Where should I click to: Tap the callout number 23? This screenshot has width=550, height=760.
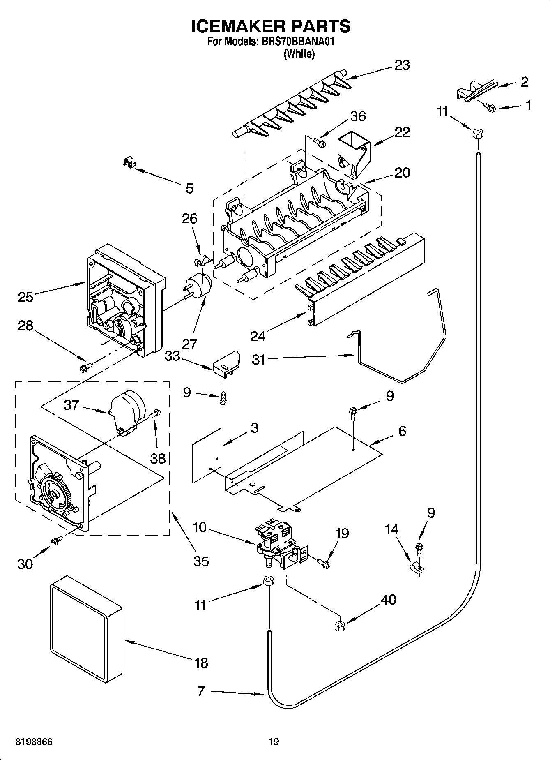[402, 65]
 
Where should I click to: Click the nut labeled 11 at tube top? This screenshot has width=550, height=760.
[477, 134]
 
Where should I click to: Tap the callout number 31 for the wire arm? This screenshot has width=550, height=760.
[259, 360]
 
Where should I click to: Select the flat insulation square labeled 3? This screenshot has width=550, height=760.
[207, 455]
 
